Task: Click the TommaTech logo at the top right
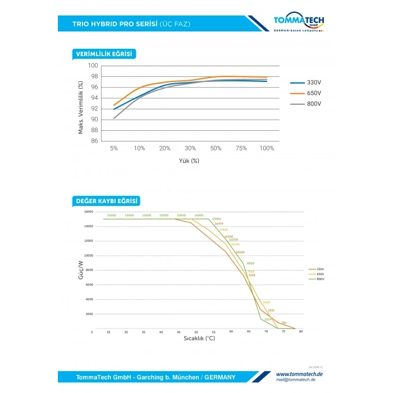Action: [299, 22]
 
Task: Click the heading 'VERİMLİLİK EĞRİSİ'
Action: [105, 54]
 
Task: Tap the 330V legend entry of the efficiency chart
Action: [306, 83]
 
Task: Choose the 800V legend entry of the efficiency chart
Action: [306, 104]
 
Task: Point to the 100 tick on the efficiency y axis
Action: [94, 66]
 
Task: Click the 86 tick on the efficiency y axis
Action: [95, 141]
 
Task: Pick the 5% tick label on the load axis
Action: [114, 148]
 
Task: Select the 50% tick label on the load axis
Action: [216, 148]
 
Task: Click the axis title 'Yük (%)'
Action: [189, 161]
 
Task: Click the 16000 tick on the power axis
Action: [88, 212]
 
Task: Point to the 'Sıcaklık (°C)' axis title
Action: [199, 338]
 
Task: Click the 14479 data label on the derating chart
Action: [218, 224]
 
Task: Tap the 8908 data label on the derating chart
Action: [250, 263]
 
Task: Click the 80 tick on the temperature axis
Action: [301, 332]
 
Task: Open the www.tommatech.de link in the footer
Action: [299, 373]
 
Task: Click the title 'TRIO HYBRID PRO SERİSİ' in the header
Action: [115, 24]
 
